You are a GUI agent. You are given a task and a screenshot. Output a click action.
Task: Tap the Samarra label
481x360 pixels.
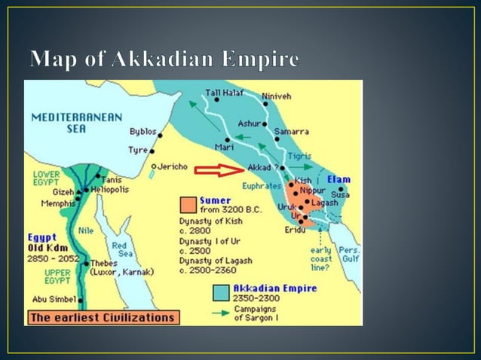click(x=290, y=131)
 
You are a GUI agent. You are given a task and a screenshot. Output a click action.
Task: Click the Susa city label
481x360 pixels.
click(x=340, y=194)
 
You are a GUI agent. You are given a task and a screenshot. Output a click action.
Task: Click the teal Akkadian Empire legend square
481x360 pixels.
click(x=222, y=292)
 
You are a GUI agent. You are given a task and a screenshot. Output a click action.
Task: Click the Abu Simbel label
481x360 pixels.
click(x=49, y=299)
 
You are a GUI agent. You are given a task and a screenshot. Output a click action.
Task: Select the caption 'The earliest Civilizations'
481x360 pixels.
click(x=102, y=317)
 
